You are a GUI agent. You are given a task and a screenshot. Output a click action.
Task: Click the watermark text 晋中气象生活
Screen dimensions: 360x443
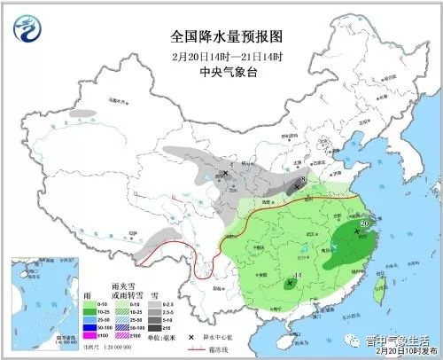[398, 338]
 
